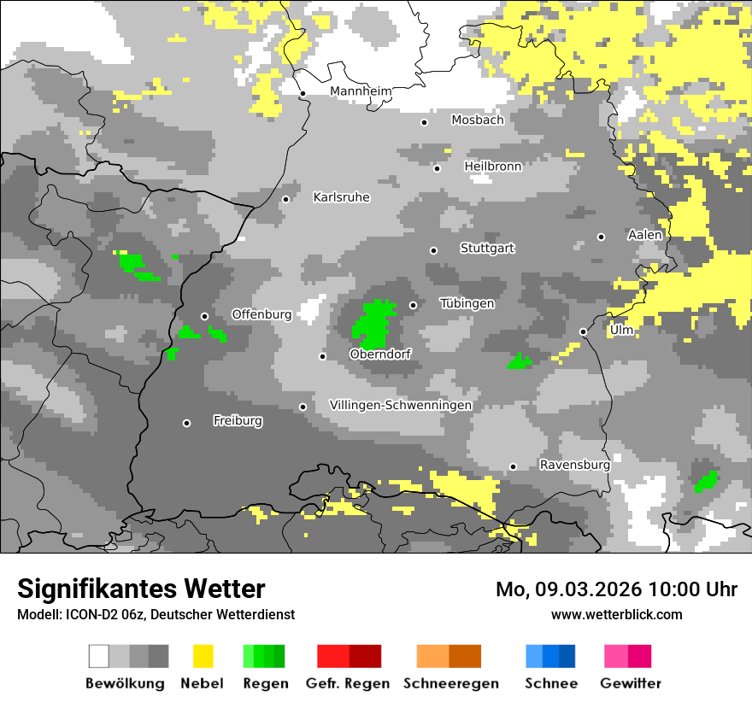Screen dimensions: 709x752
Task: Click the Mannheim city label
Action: coord(361,91)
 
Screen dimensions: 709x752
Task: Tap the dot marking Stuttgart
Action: coord(433,250)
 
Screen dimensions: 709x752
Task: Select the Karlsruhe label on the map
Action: coord(341,197)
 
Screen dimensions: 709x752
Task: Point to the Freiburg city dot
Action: coord(186,423)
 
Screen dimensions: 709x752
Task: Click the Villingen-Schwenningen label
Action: coord(400,406)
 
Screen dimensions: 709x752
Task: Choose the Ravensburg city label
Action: coord(574,466)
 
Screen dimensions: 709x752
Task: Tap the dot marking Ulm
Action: coord(583,331)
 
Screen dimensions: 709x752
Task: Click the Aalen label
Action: coord(644,235)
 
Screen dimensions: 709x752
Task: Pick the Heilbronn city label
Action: coord(492,167)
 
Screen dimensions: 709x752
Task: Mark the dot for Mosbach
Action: coord(424,122)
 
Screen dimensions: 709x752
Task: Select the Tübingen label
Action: coord(467,303)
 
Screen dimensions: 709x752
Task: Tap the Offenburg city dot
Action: coord(204,316)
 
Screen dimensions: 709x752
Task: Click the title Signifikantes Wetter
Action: coord(141,589)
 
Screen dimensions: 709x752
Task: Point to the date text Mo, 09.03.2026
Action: coord(568,589)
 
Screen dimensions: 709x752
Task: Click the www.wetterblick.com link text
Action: coord(616,614)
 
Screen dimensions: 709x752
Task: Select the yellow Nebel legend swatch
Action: coord(203,656)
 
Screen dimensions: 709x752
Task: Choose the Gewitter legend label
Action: coord(631,683)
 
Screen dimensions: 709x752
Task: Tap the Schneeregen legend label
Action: coord(450,683)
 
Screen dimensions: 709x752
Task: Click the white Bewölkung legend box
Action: coord(99,656)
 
